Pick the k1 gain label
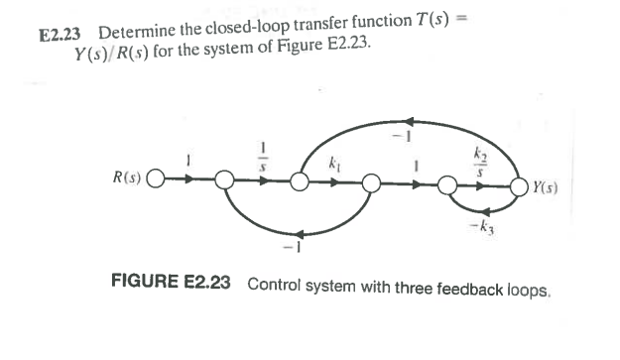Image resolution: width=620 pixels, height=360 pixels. pyautogui.click(x=333, y=162)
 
